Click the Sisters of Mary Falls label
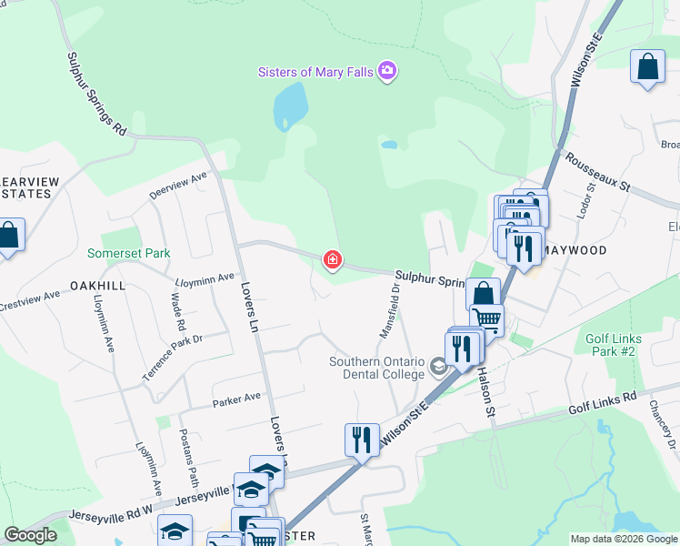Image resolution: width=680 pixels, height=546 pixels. (316, 72)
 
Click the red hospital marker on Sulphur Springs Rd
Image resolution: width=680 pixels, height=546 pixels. (333, 261)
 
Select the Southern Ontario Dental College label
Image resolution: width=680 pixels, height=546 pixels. (377, 368)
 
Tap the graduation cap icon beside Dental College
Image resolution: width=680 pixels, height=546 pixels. (439, 368)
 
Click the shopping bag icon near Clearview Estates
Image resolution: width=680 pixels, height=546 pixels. (8, 236)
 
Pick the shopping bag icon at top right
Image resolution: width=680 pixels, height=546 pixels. (647, 67)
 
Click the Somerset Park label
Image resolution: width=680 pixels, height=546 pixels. (128, 253)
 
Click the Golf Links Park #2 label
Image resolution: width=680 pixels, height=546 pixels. (614, 345)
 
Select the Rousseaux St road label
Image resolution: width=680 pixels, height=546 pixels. (597, 170)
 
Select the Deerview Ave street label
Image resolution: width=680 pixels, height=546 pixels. (178, 185)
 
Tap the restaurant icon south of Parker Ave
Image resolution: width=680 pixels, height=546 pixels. (362, 440)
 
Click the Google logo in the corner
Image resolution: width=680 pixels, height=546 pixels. (31, 535)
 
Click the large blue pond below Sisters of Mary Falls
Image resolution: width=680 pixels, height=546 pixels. (291, 106)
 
